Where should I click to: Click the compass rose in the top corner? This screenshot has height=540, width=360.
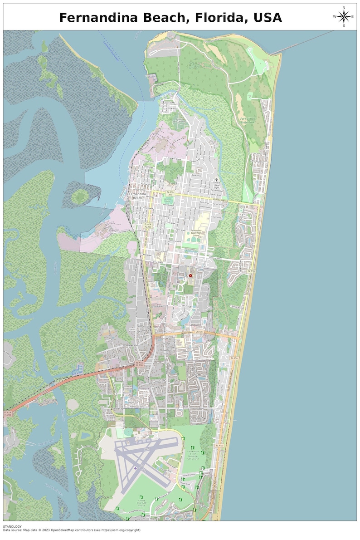click(344, 17)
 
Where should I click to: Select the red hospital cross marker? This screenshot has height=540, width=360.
click(190, 275)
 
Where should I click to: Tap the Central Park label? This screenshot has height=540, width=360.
click(168, 200)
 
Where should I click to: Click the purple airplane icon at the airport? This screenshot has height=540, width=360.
click(135, 467)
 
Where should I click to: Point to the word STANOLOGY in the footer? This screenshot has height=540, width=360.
click(12, 526)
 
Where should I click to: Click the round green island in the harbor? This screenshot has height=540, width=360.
click(80, 196)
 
